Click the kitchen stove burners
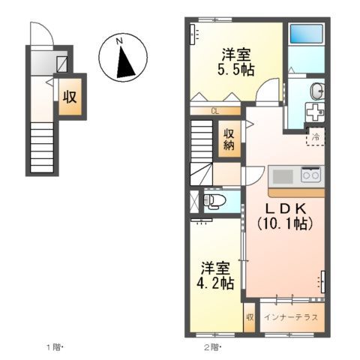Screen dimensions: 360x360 (x=310, y=175)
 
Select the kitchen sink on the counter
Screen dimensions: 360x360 (x=283, y=176)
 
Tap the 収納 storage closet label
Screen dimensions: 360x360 (x=229, y=139)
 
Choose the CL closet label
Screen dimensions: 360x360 (x=215, y=112)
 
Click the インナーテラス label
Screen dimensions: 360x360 (x=291, y=316)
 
